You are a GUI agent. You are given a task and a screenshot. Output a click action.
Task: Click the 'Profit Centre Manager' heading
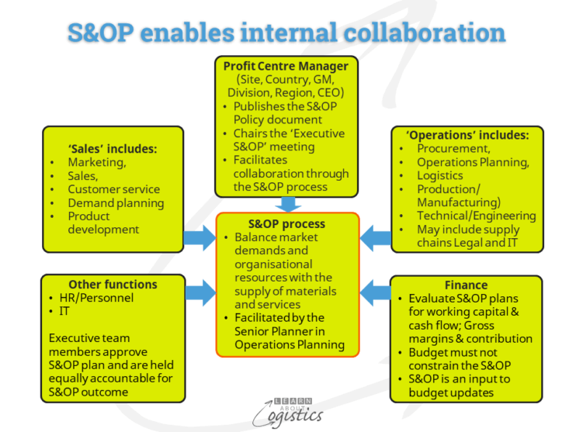287,65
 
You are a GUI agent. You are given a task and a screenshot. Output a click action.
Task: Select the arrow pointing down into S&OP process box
288,204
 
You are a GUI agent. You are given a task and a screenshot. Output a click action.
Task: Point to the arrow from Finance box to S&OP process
375,292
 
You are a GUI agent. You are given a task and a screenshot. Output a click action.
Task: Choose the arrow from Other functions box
200,292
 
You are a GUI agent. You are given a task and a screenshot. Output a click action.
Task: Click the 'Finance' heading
467,285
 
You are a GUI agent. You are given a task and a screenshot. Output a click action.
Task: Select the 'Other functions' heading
113,285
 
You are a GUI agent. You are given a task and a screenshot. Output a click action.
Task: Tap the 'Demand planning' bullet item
116,203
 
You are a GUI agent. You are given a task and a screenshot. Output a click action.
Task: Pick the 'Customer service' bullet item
113,189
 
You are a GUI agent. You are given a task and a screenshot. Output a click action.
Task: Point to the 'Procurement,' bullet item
453,149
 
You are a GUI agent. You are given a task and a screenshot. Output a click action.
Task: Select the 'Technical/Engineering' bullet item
476,216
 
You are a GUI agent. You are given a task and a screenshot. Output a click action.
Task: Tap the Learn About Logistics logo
287,409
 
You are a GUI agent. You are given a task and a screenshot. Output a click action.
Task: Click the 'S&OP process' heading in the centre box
287,223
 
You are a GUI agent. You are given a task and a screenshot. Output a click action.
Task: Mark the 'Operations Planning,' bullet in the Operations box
472,162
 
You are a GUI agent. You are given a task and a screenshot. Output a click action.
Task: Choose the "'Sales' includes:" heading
113,148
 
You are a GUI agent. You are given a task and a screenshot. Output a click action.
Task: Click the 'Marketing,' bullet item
97,162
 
